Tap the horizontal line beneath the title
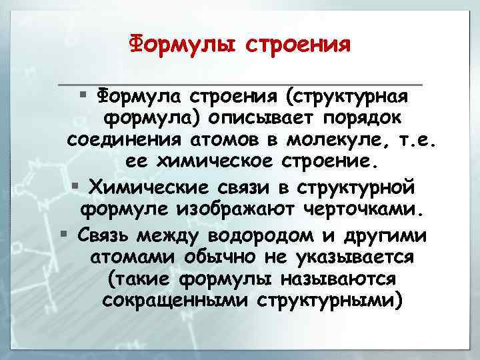(240, 85)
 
